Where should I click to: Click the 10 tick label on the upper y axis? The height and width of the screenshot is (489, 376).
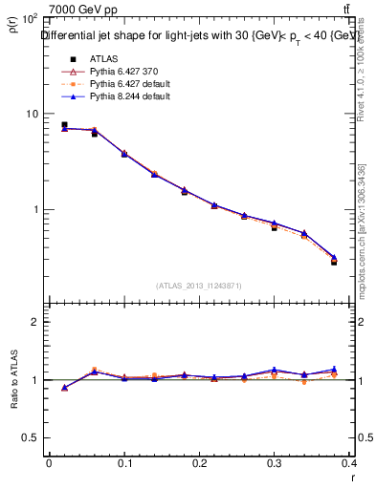tap(32, 114)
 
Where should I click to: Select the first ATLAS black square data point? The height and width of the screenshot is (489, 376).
tap(64, 124)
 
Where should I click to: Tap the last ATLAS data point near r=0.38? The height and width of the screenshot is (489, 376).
tap(334, 261)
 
